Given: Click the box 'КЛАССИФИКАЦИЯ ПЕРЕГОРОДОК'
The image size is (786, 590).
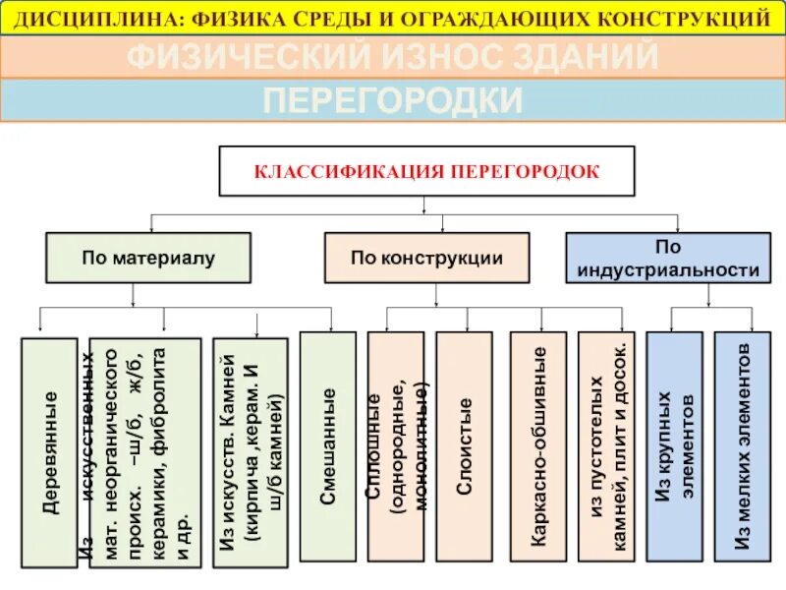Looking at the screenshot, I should (x=426, y=171).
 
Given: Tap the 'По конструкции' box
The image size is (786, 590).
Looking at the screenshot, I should (x=426, y=258).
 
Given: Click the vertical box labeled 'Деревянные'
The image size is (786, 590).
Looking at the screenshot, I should (x=49, y=452).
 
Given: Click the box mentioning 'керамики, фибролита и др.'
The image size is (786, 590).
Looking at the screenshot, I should (x=145, y=452).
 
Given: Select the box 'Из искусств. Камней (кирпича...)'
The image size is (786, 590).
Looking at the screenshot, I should (x=251, y=452).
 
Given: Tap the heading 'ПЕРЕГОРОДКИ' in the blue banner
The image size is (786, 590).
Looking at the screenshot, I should (x=392, y=100).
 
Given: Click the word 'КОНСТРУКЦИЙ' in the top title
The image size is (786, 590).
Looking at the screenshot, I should (x=699, y=18).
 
